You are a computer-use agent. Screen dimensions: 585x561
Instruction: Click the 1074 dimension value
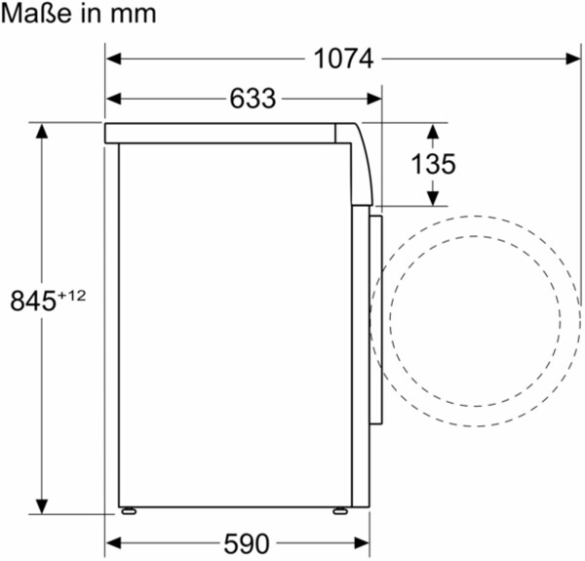(343, 59)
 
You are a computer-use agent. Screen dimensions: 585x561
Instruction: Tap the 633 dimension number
(253, 99)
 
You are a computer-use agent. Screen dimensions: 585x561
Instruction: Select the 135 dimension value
(433, 164)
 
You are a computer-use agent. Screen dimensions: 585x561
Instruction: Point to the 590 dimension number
(247, 543)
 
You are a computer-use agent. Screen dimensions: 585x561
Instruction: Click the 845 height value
(33, 301)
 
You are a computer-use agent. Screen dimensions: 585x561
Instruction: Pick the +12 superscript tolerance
(71, 296)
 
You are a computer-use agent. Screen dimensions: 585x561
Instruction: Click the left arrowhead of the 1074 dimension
(114, 59)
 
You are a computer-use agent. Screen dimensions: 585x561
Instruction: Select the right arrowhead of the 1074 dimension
(573, 59)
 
